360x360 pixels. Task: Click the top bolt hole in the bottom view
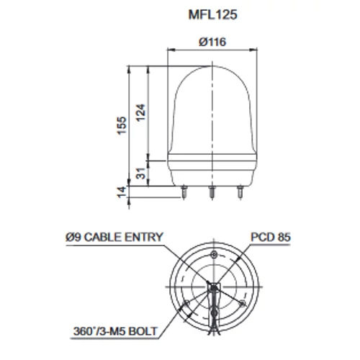(x=213, y=256)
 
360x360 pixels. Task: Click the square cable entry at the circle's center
(x=213, y=288)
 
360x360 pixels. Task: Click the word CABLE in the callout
(x=110, y=236)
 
